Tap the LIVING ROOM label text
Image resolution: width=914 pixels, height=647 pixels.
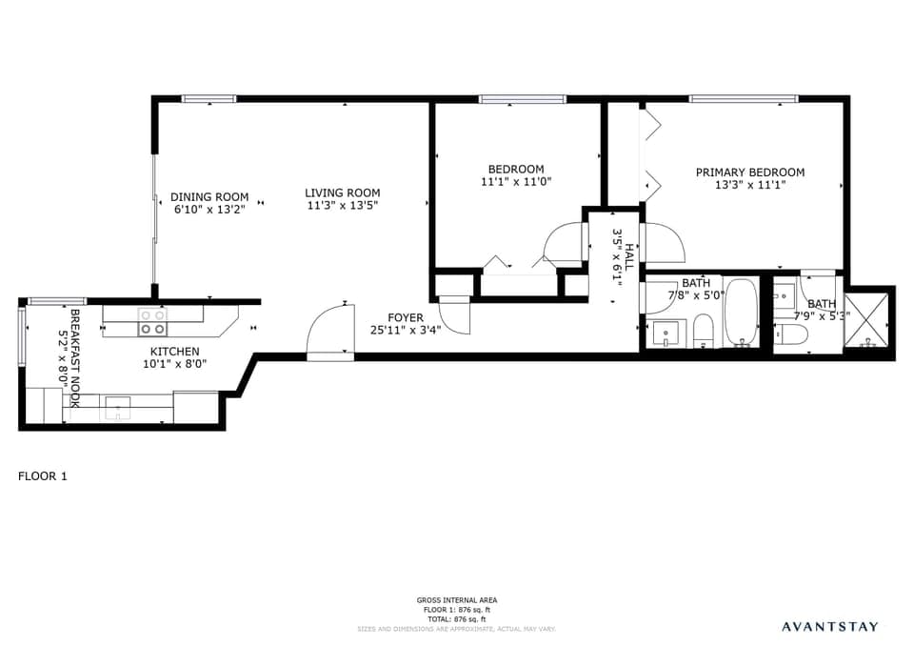point(343,192)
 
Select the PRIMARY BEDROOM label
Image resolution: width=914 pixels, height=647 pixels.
point(749,172)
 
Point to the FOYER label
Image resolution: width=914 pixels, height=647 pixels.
point(405,317)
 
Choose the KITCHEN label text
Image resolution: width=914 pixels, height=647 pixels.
point(175,352)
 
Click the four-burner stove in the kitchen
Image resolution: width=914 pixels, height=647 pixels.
point(152,322)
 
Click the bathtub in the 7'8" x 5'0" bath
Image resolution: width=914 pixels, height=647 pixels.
point(741,313)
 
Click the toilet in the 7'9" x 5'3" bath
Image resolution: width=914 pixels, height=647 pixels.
point(791,334)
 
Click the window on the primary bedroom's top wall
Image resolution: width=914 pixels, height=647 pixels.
point(744,98)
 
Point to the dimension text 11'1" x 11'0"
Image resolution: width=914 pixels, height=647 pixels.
point(516,181)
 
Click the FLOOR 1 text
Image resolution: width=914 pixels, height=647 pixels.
point(43,475)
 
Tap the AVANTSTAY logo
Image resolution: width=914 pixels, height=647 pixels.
point(829,626)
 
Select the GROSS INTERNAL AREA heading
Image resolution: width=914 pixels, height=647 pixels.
point(456,600)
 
